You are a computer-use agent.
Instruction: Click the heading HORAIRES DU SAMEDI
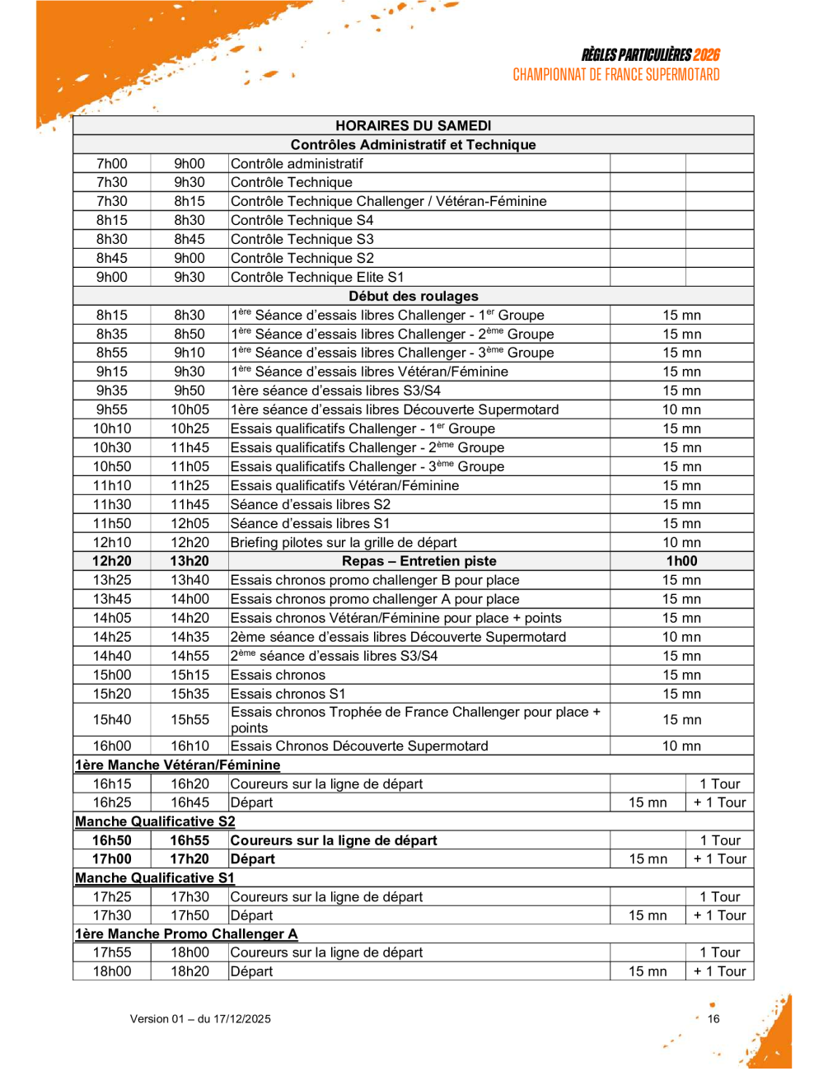[x=413, y=125]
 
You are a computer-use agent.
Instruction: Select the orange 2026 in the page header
[x=706, y=54]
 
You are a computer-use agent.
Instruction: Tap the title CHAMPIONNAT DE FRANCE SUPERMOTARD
[x=615, y=75]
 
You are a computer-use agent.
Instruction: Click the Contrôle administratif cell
[x=297, y=163]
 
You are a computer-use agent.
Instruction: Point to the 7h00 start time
[x=112, y=163]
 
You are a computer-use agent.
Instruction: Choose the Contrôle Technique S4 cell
[x=302, y=220]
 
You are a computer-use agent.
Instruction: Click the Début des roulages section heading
[x=413, y=296]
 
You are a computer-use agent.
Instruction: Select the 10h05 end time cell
[x=189, y=409]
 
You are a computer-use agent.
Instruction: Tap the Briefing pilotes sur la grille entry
[x=344, y=542]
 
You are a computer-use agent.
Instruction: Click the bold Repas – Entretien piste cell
[x=419, y=561]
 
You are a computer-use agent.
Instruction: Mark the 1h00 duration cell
[x=681, y=561]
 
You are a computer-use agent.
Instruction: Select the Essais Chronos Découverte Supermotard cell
[x=359, y=746]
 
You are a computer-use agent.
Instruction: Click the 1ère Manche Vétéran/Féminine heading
[x=177, y=765]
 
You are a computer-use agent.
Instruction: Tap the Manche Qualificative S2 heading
[x=155, y=821]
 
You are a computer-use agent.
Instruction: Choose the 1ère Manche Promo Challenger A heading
[x=186, y=933]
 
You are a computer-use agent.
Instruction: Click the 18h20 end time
[x=189, y=971]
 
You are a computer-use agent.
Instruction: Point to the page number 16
[x=713, y=1019]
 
